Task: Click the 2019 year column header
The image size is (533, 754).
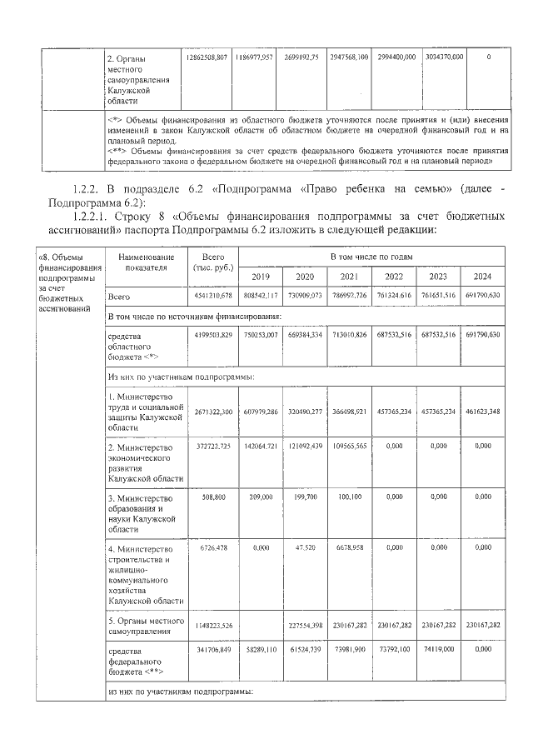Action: point(261,276)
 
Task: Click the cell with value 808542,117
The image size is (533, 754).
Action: point(261,296)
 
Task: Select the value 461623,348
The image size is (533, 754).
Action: point(482,412)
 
